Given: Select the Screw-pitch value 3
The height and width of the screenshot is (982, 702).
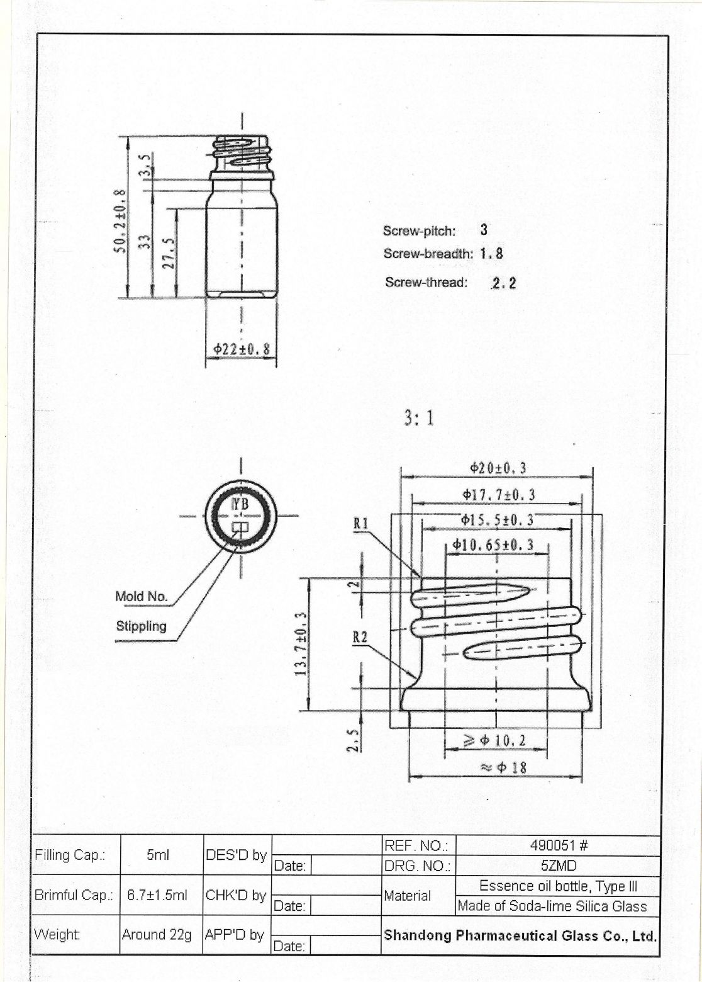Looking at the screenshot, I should pyautogui.click(x=484, y=230).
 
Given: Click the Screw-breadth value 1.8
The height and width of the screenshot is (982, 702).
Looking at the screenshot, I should pyautogui.click(x=491, y=254).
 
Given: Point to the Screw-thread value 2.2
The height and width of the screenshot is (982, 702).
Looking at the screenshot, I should pyautogui.click(x=503, y=283).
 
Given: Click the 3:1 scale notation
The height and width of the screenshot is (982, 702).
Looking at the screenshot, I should pyautogui.click(x=419, y=418).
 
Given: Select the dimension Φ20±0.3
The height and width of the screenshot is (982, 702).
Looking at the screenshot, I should pyautogui.click(x=498, y=468).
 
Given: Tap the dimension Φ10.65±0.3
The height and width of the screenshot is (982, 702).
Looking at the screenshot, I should pyautogui.click(x=493, y=545).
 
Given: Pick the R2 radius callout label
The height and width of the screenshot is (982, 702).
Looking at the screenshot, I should pyautogui.click(x=360, y=637).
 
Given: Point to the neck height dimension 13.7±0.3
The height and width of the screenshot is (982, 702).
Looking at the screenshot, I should pyautogui.click(x=301, y=644).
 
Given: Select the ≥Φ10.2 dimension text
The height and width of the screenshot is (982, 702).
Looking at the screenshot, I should pyautogui.click(x=494, y=741).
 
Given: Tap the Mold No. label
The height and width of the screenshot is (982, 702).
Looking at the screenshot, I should pyautogui.click(x=142, y=596).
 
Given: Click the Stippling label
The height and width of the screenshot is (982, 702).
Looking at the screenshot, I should pyautogui.click(x=142, y=626).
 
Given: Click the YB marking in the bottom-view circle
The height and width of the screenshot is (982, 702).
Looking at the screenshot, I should pyautogui.click(x=240, y=504).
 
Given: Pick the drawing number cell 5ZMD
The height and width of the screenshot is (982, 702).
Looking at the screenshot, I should pyautogui.click(x=559, y=866).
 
